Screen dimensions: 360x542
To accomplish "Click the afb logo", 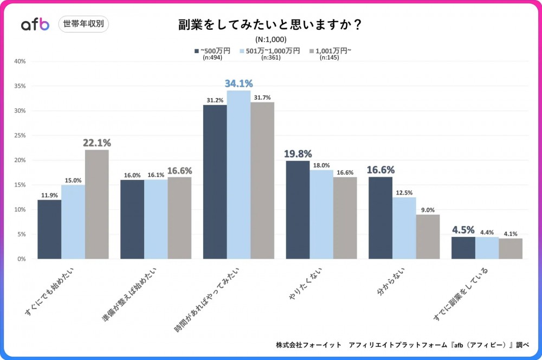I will [x=35, y=24].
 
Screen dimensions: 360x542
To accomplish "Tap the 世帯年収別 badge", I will [x=83, y=24].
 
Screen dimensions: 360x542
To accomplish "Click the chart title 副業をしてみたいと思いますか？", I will [x=270, y=25].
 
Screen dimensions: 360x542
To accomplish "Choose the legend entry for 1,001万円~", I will [x=330, y=51].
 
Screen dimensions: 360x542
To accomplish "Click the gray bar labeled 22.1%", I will [x=97, y=204].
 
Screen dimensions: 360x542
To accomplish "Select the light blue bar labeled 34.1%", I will [x=238, y=175].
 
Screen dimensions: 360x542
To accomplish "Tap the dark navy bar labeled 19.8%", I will [x=298, y=210].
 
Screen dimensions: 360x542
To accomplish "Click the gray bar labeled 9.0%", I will [x=428, y=237].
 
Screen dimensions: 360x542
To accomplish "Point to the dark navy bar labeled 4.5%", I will [x=463, y=248].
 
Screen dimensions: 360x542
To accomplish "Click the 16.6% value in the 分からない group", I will [x=380, y=170].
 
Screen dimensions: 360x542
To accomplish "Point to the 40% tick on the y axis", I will [x=20, y=61].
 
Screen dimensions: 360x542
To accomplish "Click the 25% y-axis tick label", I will [x=20, y=136].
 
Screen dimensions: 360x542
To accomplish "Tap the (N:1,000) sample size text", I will [x=270, y=39].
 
